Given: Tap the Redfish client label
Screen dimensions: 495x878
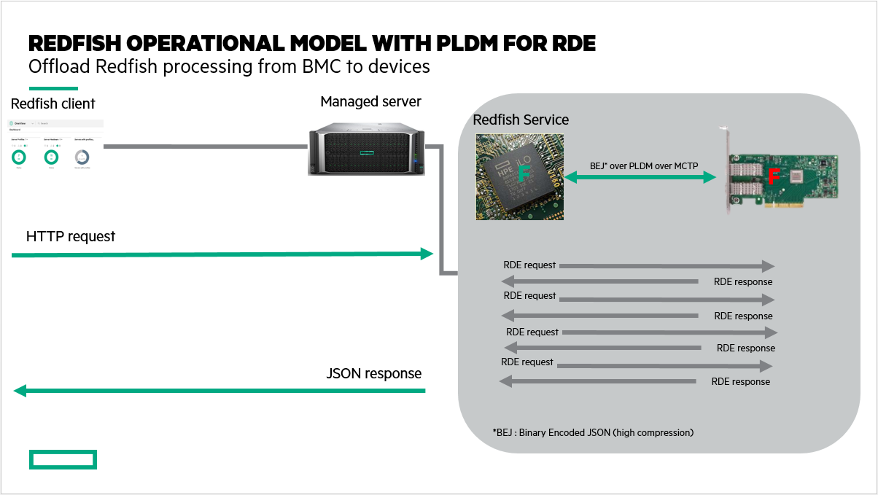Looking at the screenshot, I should (x=53, y=104).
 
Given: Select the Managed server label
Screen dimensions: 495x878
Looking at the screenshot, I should (x=370, y=101).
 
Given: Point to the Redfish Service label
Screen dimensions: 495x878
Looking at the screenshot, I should (x=521, y=120).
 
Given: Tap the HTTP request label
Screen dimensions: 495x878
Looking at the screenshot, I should (x=71, y=237).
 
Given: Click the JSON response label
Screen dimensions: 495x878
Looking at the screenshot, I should (x=374, y=374).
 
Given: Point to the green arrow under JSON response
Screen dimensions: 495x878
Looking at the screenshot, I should (x=219, y=391).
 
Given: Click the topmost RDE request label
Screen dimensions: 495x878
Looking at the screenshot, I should (x=529, y=265).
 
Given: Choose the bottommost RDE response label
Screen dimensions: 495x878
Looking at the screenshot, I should (x=740, y=381).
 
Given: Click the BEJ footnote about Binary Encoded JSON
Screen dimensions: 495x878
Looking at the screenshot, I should (x=593, y=432).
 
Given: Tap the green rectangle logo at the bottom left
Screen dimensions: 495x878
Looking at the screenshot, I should (x=63, y=459).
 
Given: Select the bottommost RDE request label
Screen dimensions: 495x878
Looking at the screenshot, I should (x=527, y=362).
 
